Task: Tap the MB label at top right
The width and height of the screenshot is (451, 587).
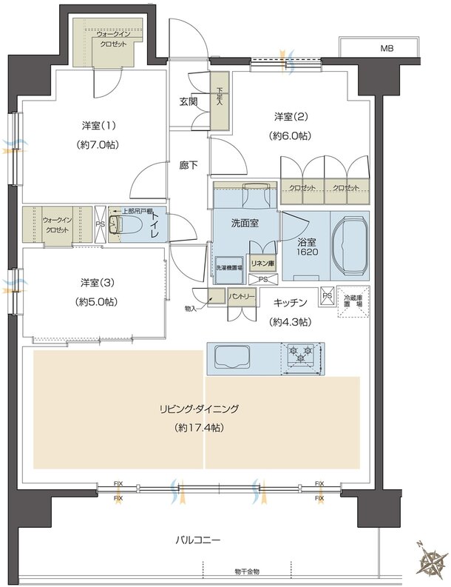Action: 387,49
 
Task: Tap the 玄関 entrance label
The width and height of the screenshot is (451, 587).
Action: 188,101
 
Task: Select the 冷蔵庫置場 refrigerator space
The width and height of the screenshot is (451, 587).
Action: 353,305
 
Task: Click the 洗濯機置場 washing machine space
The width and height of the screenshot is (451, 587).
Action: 228,268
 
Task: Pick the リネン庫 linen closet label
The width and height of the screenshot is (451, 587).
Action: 261,263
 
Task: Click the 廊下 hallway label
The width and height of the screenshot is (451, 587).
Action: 188,166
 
